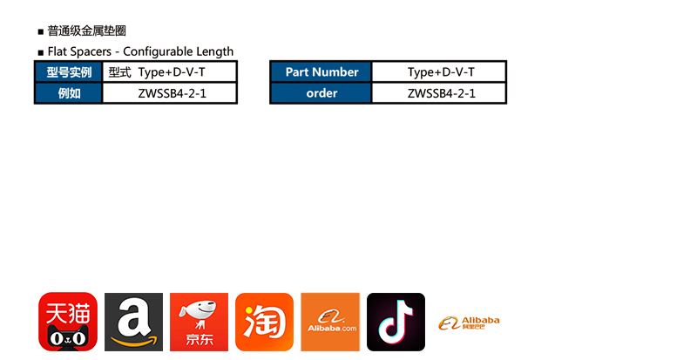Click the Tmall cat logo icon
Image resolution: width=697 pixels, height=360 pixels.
click(x=67, y=322)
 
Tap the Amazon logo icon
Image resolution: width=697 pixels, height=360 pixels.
click(x=133, y=322)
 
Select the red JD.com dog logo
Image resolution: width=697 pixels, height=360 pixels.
click(x=199, y=322)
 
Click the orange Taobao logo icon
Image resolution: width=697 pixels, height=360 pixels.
click(x=264, y=322)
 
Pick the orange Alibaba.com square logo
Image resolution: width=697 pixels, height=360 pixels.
click(x=330, y=322)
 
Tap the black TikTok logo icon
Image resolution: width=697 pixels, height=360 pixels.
click(x=396, y=322)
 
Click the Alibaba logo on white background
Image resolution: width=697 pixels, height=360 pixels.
click(x=469, y=323)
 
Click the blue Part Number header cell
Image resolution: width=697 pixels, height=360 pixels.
click(x=321, y=72)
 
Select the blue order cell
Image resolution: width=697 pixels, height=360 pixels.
click(x=321, y=93)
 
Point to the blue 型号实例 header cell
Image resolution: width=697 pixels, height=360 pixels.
click(x=69, y=72)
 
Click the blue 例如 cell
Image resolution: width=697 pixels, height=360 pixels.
click(x=69, y=93)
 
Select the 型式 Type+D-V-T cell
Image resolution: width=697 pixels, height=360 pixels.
click(x=170, y=72)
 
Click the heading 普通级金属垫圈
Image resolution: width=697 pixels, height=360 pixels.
click(x=86, y=31)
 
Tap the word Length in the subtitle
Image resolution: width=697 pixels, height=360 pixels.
click(x=215, y=51)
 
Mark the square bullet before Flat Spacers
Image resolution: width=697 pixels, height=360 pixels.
click(x=40, y=52)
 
